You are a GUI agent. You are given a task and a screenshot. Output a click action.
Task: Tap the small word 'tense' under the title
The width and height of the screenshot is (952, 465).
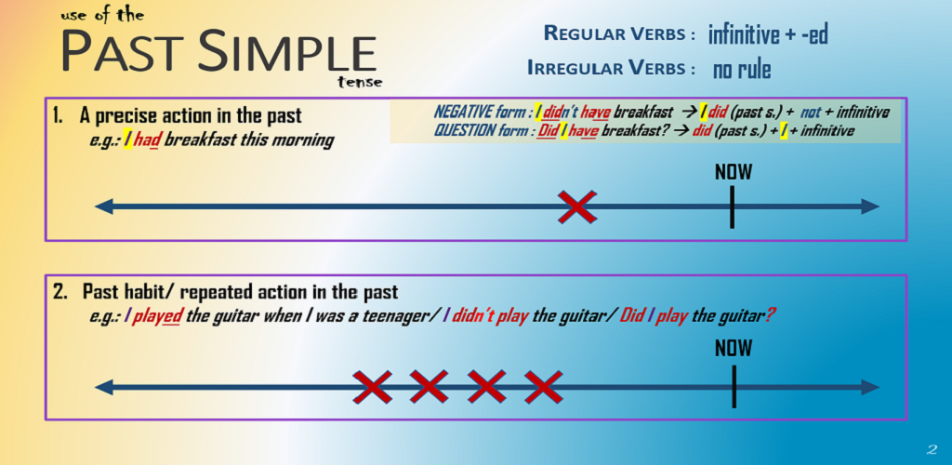[362, 83]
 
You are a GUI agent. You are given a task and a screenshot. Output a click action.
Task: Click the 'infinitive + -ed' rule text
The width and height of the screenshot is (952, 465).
[768, 36]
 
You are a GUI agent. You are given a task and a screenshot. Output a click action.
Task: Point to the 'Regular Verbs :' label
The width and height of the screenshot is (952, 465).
[619, 33]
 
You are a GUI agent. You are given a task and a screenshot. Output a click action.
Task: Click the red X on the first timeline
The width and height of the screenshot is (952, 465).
[576, 207]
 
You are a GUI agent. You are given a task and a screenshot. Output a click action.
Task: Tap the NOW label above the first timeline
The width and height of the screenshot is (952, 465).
[733, 172]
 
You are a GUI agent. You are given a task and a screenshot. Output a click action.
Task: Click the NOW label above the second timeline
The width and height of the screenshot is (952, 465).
[734, 348]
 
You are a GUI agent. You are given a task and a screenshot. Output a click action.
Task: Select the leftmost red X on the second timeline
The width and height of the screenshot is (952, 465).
[373, 387]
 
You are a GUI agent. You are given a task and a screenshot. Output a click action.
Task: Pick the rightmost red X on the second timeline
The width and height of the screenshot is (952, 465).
[543, 387]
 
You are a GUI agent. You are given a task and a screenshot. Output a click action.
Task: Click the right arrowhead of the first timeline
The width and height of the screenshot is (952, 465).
[870, 207]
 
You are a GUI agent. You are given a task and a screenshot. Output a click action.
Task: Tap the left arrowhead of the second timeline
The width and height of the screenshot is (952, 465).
[104, 387]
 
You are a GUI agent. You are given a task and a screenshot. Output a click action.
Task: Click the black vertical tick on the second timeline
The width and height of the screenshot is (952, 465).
[734, 387]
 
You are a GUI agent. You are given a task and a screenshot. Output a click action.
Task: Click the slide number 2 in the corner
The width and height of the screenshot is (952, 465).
[932, 450]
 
